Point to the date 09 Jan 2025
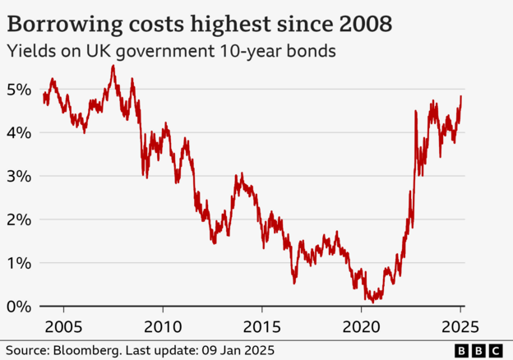(x=234, y=350)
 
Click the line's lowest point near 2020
(x=373, y=302)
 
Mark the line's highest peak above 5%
(x=113, y=66)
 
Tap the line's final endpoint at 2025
(x=461, y=96)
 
